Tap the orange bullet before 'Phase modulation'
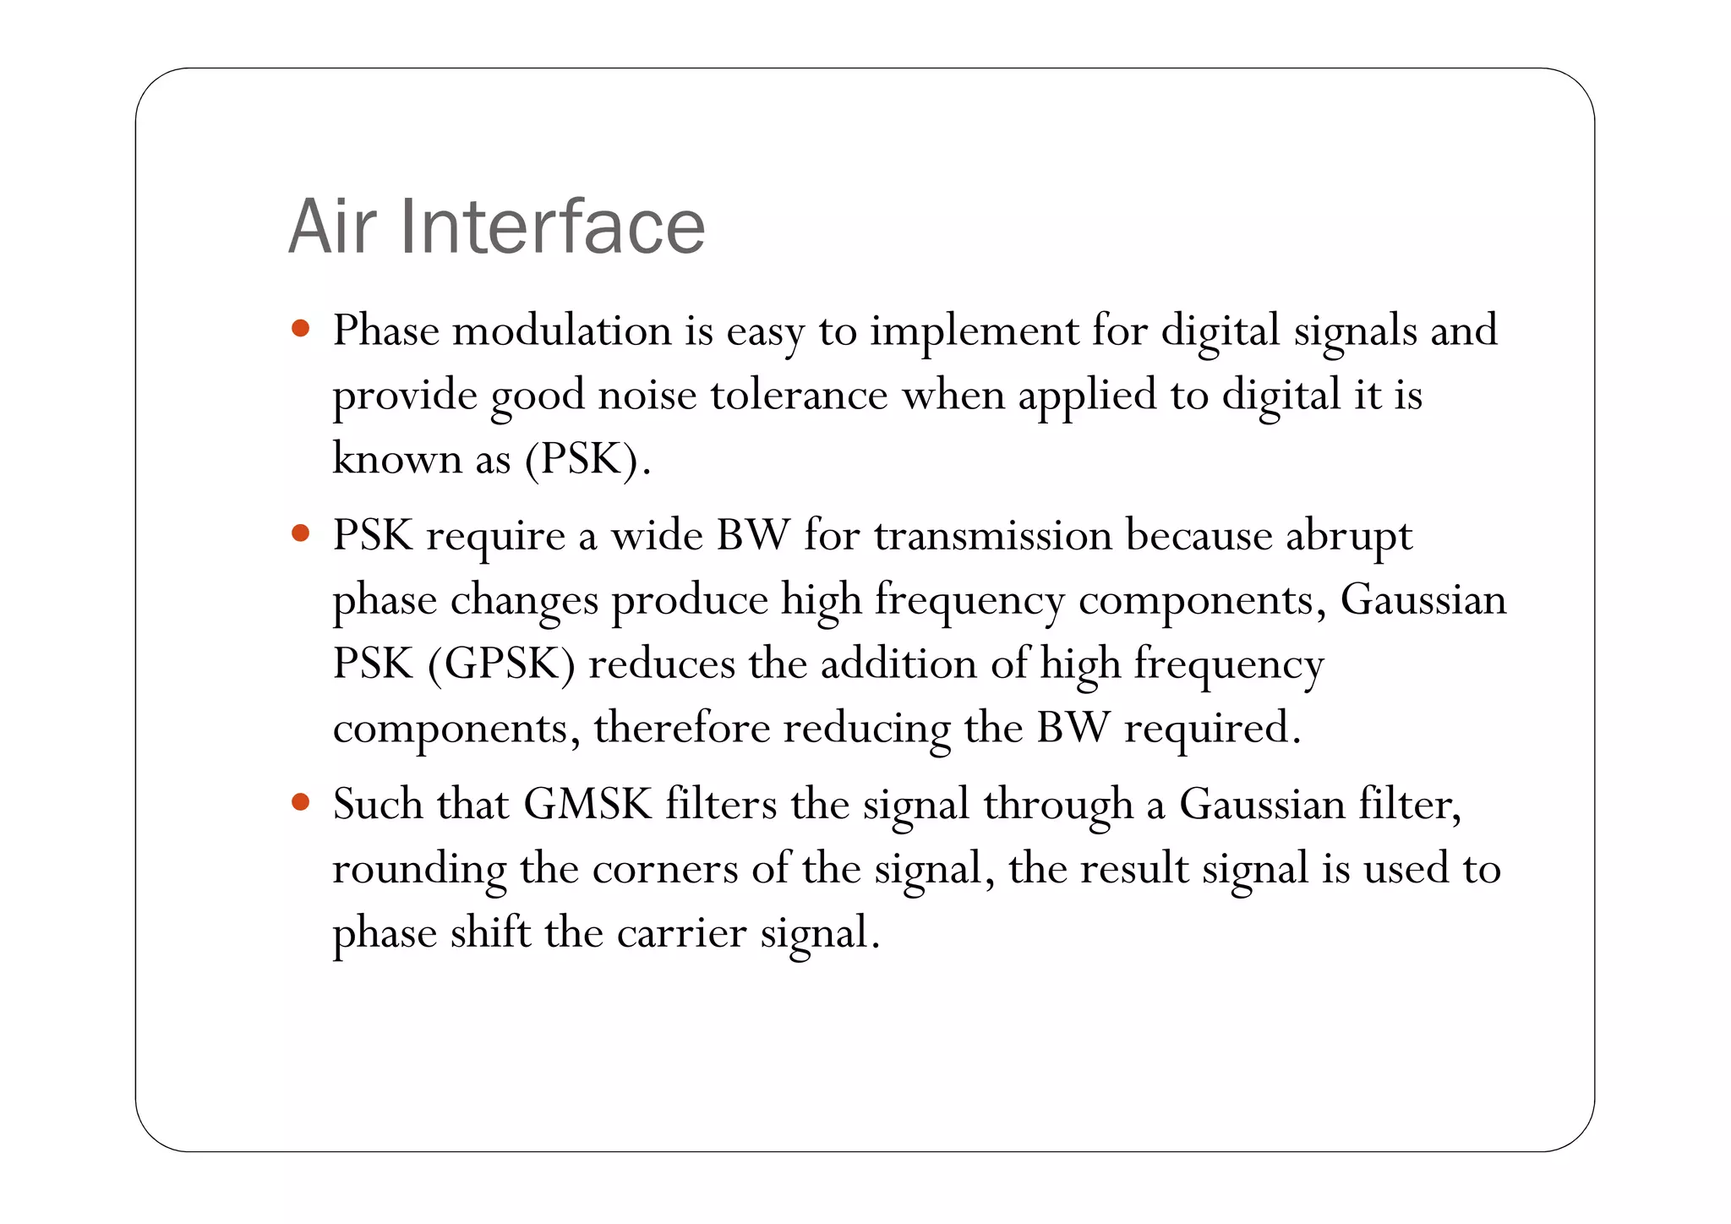click(x=300, y=328)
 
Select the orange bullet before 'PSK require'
click(x=300, y=533)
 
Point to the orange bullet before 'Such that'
click(x=300, y=801)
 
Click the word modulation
click(x=562, y=330)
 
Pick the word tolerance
click(x=799, y=395)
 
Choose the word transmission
click(x=992, y=535)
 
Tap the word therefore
click(x=681, y=727)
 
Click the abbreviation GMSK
click(x=587, y=803)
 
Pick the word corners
click(x=665, y=868)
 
